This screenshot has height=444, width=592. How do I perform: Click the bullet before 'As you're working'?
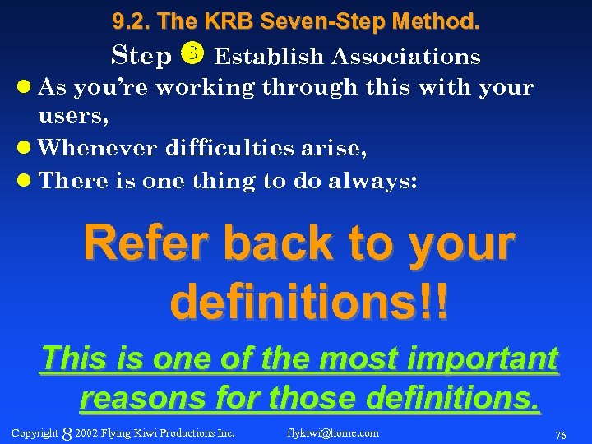[27, 86]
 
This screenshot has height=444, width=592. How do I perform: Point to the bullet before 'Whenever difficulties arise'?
[27, 148]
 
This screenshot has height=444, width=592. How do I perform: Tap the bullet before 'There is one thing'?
[27, 181]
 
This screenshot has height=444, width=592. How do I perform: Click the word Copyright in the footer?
[35, 432]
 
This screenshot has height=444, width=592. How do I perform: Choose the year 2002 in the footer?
[86, 432]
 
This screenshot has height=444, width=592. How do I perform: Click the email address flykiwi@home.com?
[333, 432]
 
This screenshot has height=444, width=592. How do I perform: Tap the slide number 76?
[560, 433]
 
